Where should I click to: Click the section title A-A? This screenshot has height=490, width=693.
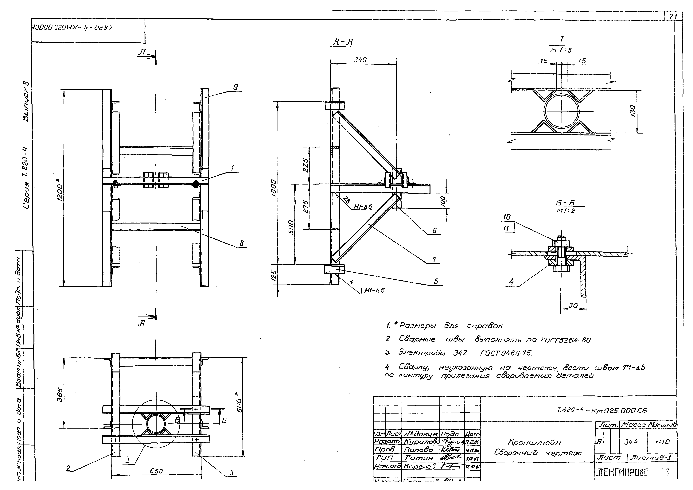click(x=343, y=42)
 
